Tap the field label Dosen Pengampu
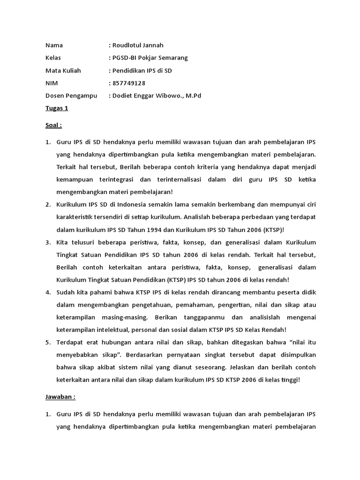tap(71, 96)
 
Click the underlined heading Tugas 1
tap(57, 108)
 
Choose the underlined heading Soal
tap(53, 125)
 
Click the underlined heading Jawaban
tap(60, 396)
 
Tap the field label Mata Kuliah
tap(63, 71)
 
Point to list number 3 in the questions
tap(48, 242)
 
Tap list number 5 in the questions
tap(48, 342)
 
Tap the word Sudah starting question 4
tap(66, 292)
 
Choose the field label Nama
tap(54, 45)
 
